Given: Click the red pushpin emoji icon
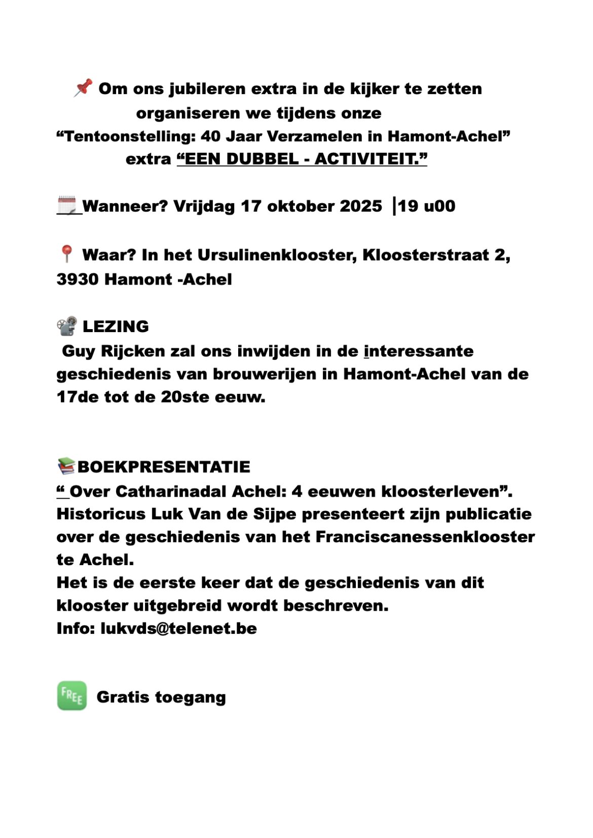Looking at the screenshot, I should click(x=83, y=88).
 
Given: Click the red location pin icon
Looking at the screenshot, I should click(x=66, y=254).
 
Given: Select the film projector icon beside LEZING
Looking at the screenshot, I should click(x=67, y=326).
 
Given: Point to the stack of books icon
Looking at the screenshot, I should click(x=66, y=466).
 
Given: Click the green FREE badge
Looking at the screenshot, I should click(x=72, y=696).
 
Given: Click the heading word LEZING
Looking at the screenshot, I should click(x=116, y=327).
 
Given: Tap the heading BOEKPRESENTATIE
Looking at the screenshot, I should click(x=164, y=467).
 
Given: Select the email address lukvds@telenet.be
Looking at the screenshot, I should click(x=178, y=628).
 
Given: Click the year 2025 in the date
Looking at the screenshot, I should click(x=360, y=206).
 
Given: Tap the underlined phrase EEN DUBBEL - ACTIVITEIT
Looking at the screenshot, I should click(x=302, y=159).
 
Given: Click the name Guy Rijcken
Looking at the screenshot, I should click(x=114, y=351).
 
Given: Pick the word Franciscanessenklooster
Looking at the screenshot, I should click(x=425, y=537).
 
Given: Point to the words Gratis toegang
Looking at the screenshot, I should click(x=161, y=697).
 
